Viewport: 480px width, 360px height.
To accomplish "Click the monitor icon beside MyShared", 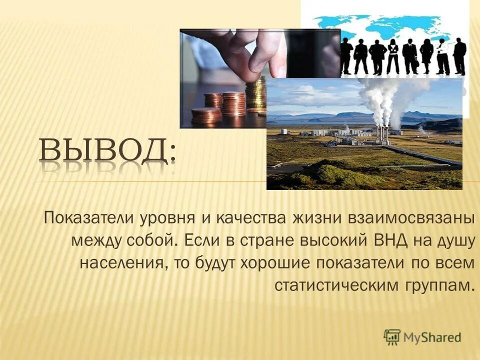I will [x=392, y=336].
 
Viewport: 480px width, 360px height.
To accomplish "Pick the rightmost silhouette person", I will [x=459, y=56].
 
